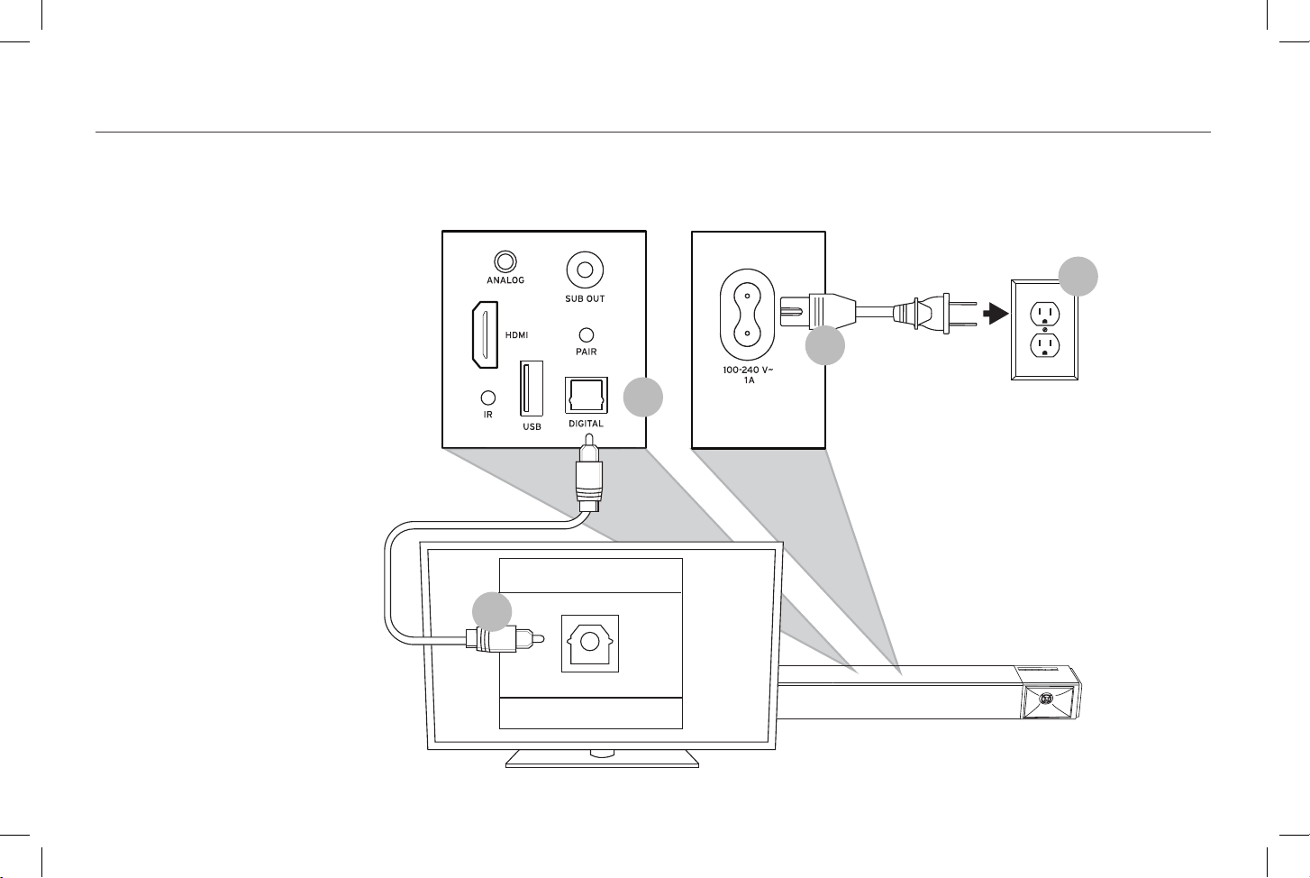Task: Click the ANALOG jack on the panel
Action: click(505, 261)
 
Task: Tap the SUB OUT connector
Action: click(585, 270)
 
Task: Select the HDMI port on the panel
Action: click(486, 335)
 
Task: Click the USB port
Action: click(532, 389)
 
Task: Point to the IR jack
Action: click(487, 398)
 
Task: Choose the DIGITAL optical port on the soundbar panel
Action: click(586, 396)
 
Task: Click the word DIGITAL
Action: click(586, 424)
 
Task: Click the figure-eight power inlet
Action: click(747, 315)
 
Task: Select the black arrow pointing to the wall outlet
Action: click(996, 314)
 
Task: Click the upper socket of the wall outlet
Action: click(1044, 314)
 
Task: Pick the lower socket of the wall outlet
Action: click(1044, 345)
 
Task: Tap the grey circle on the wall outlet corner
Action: click(1078, 276)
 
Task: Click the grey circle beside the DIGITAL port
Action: click(643, 398)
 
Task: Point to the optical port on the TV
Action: click(590, 644)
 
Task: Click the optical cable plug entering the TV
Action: click(505, 639)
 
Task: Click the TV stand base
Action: click(603, 758)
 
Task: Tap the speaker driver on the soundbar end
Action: click(1047, 700)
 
